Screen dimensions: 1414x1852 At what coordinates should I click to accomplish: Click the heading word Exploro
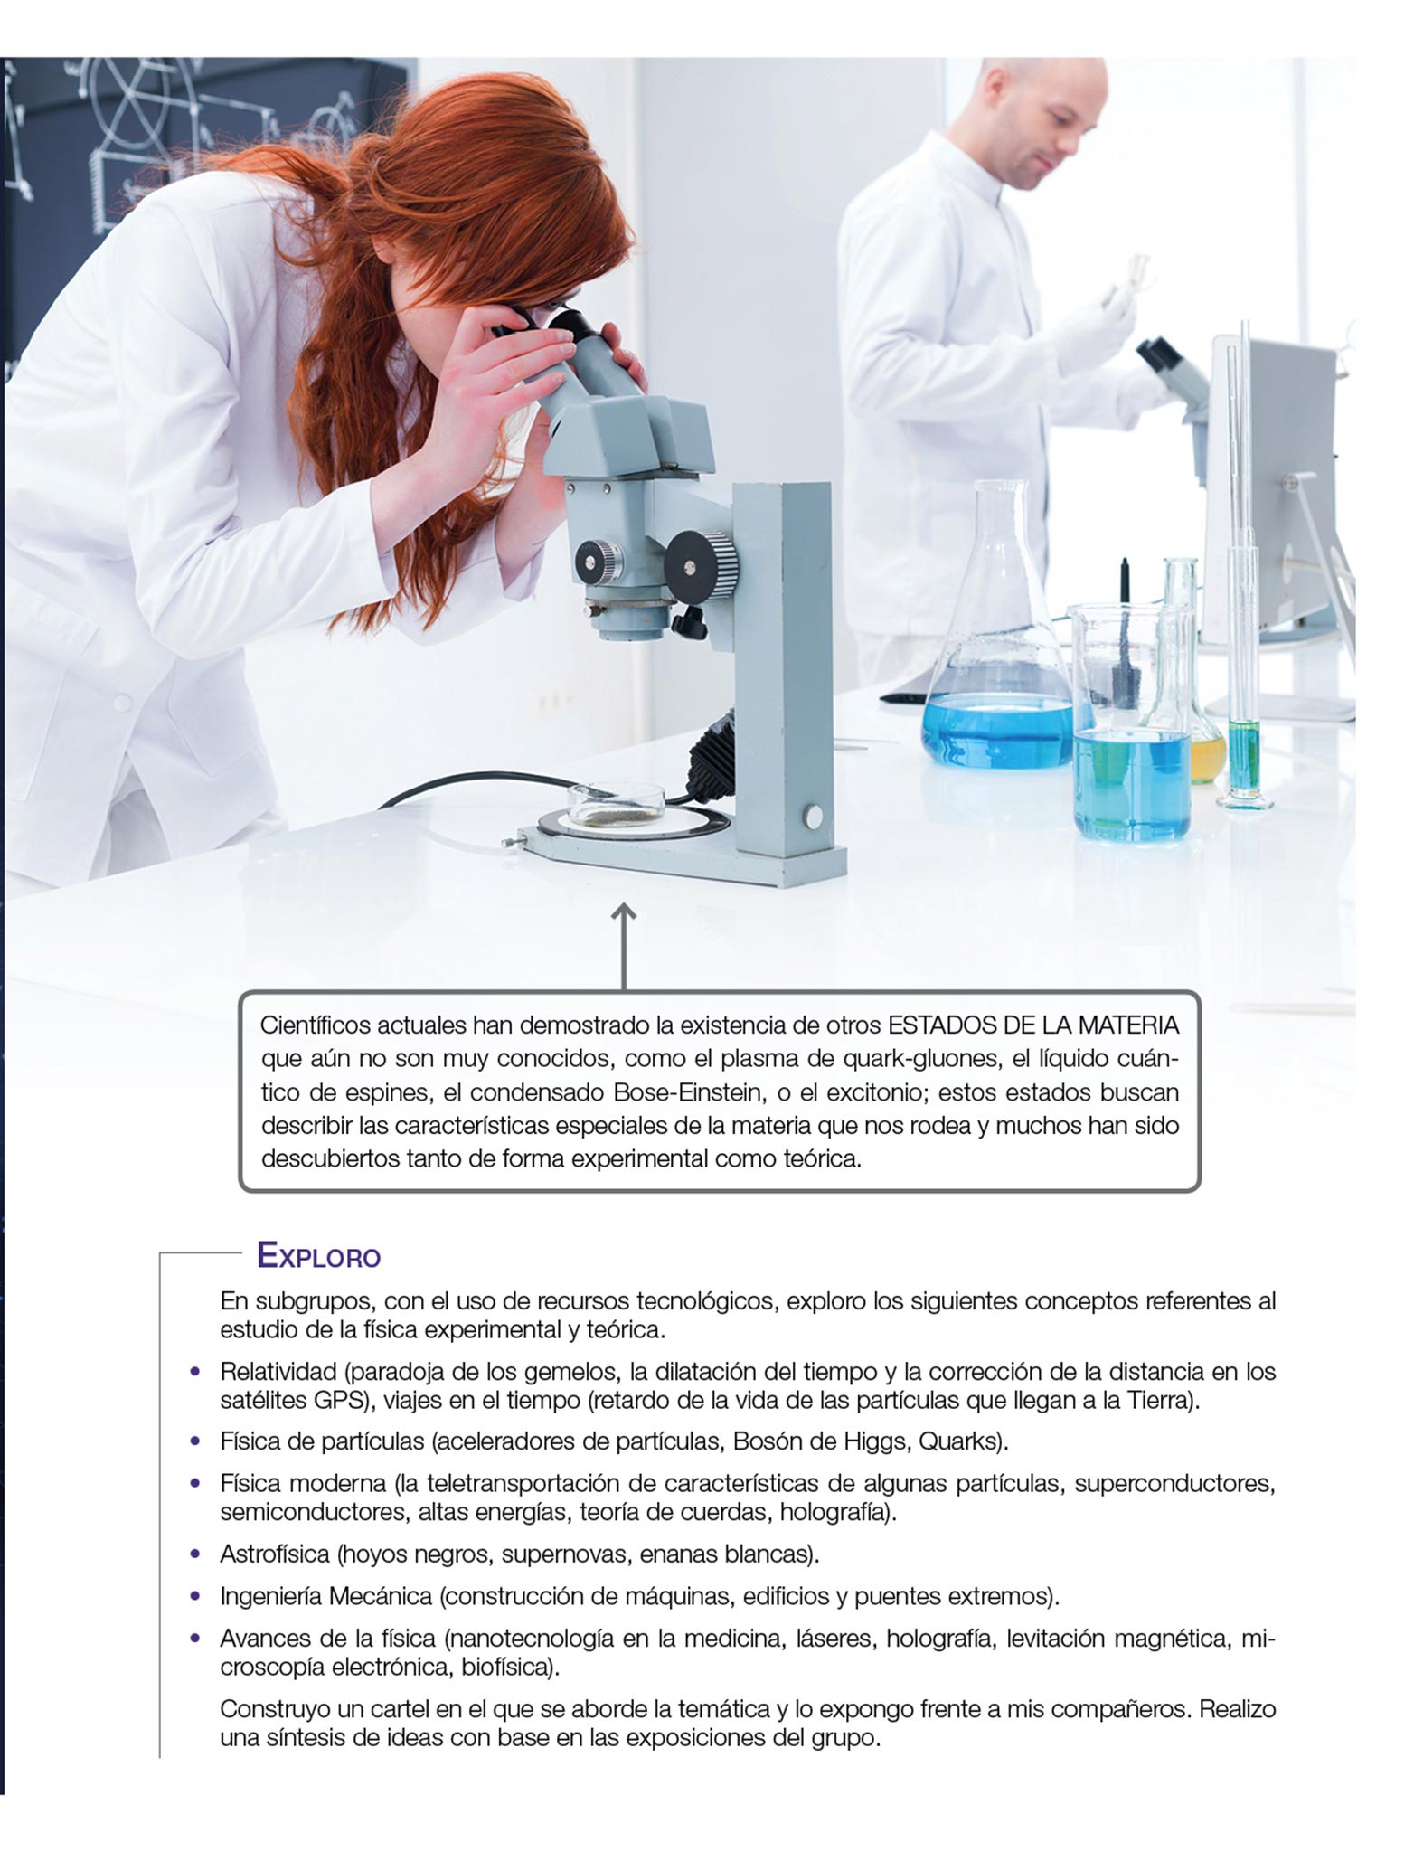(318, 1256)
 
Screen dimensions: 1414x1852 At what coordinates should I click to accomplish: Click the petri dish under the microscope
(616, 805)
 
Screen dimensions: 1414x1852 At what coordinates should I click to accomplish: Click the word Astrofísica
(275, 1554)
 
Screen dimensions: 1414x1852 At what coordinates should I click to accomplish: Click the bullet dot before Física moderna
(195, 1484)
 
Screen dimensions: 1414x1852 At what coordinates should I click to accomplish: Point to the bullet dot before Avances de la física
(195, 1638)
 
